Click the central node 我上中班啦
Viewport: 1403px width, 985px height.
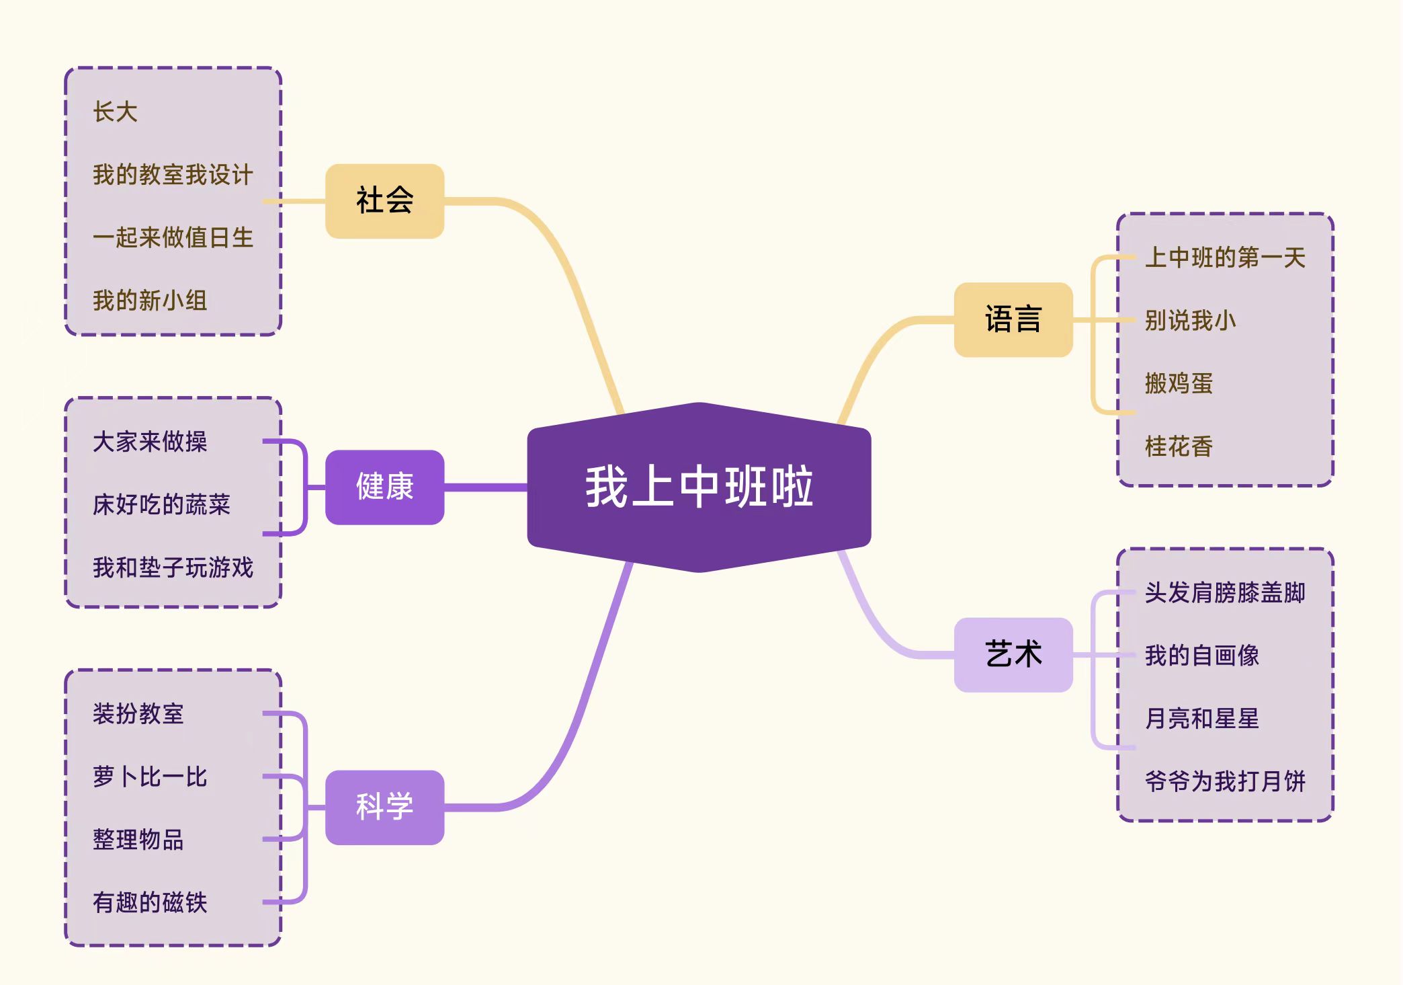(699, 487)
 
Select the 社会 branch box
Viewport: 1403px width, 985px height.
(384, 200)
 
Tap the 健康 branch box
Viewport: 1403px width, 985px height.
(384, 487)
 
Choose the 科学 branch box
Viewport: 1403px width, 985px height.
(384, 807)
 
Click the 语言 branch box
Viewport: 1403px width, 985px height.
(1013, 319)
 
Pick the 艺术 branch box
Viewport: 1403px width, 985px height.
(1013, 654)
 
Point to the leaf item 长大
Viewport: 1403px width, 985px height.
(115, 112)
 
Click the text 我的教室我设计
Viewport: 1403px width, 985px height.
(173, 175)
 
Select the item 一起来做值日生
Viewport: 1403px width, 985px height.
(173, 237)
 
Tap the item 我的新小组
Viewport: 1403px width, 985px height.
(150, 301)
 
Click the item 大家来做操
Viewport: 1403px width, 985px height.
(150, 442)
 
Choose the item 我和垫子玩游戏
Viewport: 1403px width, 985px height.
(173, 567)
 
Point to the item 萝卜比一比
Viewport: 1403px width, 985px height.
(150, 777)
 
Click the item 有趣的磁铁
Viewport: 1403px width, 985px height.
(150, 902)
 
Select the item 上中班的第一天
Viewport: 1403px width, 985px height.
(1225, 258)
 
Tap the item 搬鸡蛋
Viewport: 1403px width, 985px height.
(1179, 383)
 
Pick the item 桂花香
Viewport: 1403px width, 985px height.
(1179, 446)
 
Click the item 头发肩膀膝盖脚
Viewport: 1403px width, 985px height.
(1225, 592)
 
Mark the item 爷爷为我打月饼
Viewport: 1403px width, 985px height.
(1225, 781)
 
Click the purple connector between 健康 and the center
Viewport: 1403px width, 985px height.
(485, 487)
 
